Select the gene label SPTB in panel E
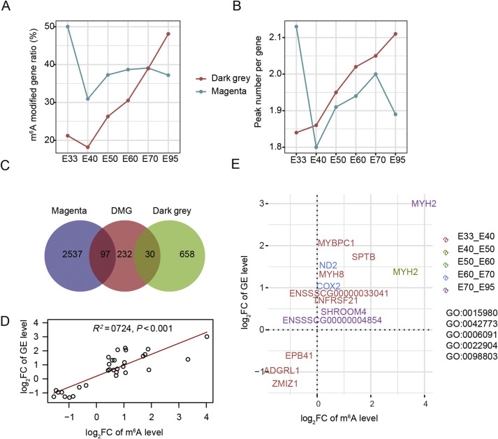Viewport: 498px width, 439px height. coord(364,257)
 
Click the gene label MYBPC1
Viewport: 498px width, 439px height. coord(336,243)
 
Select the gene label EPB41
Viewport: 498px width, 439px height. coord(298,375)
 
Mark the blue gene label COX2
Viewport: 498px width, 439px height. coord(328,286)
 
